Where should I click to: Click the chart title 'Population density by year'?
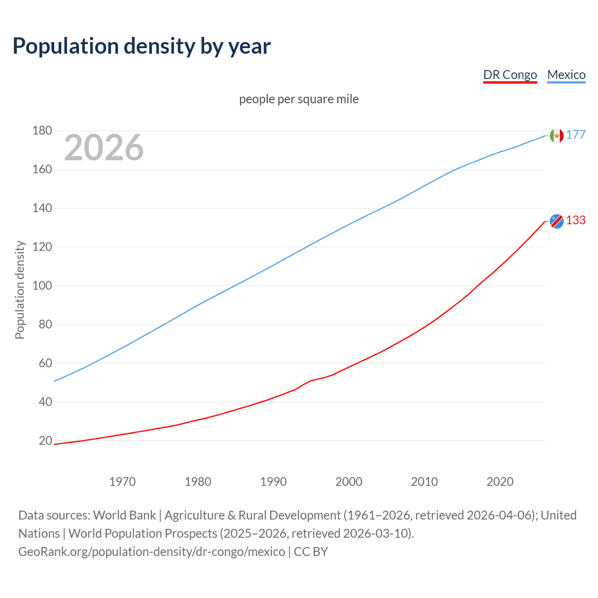[142, 46]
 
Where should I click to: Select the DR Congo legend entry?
[510, 75]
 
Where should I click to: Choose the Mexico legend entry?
[566, 75]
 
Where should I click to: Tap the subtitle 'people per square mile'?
[299, 100]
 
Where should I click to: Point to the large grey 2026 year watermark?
[104, 148]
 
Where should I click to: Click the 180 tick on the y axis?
[42, 131]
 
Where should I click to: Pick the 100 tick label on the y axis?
[42, 285]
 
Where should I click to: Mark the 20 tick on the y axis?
[45, 441]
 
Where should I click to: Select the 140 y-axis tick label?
[42, 208]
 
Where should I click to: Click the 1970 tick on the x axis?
[122, 482]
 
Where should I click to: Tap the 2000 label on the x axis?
[349, 482]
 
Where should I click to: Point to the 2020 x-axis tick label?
[500, 482]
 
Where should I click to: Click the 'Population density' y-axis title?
[20, 290]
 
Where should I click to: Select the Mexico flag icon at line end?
[556, 135]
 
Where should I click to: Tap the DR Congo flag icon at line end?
[556, 221]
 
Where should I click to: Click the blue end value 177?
[576, 135]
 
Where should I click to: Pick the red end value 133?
[576, 221]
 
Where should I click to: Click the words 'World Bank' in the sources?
[124, 515]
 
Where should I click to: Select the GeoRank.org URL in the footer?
[151, 552]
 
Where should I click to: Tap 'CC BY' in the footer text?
[311, 552]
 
